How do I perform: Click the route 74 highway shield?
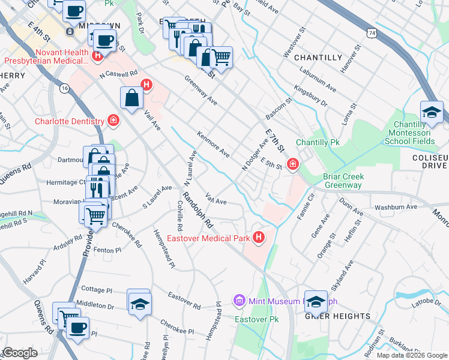[373, 35]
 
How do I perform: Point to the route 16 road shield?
[64, 88]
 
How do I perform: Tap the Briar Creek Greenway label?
[342, 181]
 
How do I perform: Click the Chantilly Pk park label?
[318, 143]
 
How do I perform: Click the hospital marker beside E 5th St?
[293, 163]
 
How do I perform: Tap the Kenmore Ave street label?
[214, 143]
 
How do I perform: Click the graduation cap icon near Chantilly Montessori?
[432, 112]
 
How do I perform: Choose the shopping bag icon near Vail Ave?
[131, 98]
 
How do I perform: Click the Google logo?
[20, 353]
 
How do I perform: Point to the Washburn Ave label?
[396, 207]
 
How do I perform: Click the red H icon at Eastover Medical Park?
[259, 238]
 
